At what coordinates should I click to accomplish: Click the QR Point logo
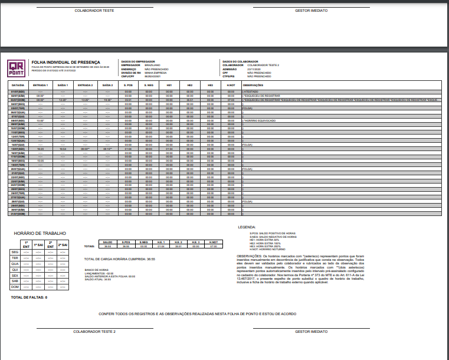tap(18, 68)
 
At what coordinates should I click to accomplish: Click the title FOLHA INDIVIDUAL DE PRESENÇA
tap(65, 62)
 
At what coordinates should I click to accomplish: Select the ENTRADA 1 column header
tap(40, 85)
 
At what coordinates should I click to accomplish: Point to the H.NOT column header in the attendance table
tap(231, 85)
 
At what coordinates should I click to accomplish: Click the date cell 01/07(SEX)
tap(18, 92)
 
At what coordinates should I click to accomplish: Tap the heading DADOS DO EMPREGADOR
tap(137, 61)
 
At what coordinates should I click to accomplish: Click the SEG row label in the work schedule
tap(15, 252)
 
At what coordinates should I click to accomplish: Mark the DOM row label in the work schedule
tap(15, 287)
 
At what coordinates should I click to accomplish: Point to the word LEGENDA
tap(247, 227)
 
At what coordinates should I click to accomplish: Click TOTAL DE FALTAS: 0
tap(29, 297)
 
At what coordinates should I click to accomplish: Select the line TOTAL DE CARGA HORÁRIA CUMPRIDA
tap(120, 259)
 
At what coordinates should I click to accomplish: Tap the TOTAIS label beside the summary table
tap(89, 246)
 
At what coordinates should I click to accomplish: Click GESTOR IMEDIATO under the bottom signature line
tap(311, 332)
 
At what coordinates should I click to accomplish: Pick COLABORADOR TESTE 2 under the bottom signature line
tap(94, 332)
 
